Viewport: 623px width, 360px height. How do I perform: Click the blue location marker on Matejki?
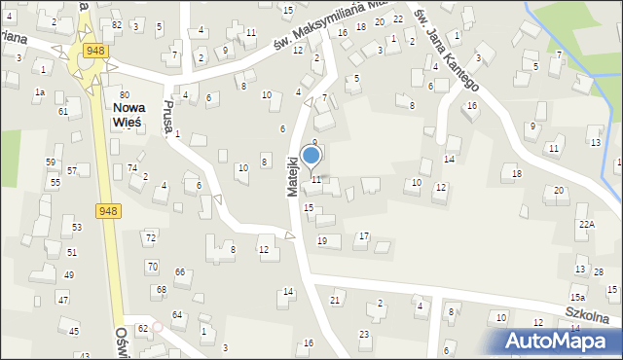[x=311, y=156]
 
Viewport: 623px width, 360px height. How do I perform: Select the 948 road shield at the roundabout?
[x=95, y=50]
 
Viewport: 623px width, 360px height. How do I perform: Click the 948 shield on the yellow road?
[x=108, y=210]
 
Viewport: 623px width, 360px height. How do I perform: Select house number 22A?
[x=586, y=224]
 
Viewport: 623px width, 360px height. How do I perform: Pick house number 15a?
[x=577, y=297]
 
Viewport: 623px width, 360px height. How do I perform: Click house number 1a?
[x=40, y=91]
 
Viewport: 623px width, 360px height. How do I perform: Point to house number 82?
[x=117, y=24]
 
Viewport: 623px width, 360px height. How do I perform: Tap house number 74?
[x=132, y=167]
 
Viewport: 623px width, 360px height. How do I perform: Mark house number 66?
[x=179, y=271]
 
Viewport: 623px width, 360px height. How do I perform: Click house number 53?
[x=77, y=227]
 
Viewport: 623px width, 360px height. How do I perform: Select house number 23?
[x=364, y=334]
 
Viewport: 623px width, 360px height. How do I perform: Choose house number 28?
[x=599, y=271]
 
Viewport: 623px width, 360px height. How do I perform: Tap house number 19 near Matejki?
[x=322, y=240]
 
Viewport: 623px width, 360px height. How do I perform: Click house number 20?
[x=559, y=190]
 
